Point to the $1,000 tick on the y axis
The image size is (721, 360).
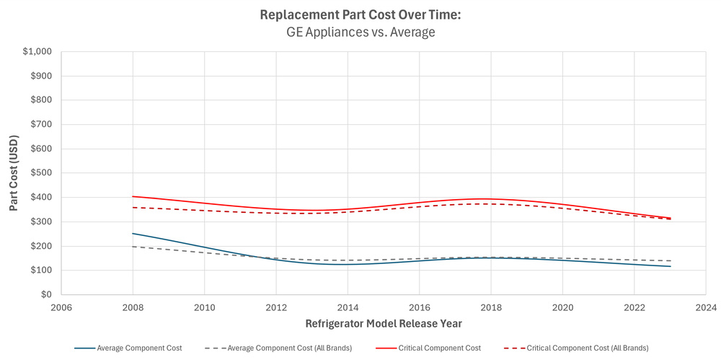pos(38,52)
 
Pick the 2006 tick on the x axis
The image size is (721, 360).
pos(61,307)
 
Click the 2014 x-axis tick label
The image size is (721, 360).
pos(348,307)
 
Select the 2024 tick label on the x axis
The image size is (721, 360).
pos(705,307)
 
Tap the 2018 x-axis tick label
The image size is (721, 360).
pos(490,307)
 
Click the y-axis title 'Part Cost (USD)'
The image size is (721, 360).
pos(14,173)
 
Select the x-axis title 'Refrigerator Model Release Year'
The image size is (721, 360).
pos(383,323)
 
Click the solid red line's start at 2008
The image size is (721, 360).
pos(133,196)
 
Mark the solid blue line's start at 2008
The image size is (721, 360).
pos(133,233)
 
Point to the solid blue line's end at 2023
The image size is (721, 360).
pos(671,266)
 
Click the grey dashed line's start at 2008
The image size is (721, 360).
pos(133,247)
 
